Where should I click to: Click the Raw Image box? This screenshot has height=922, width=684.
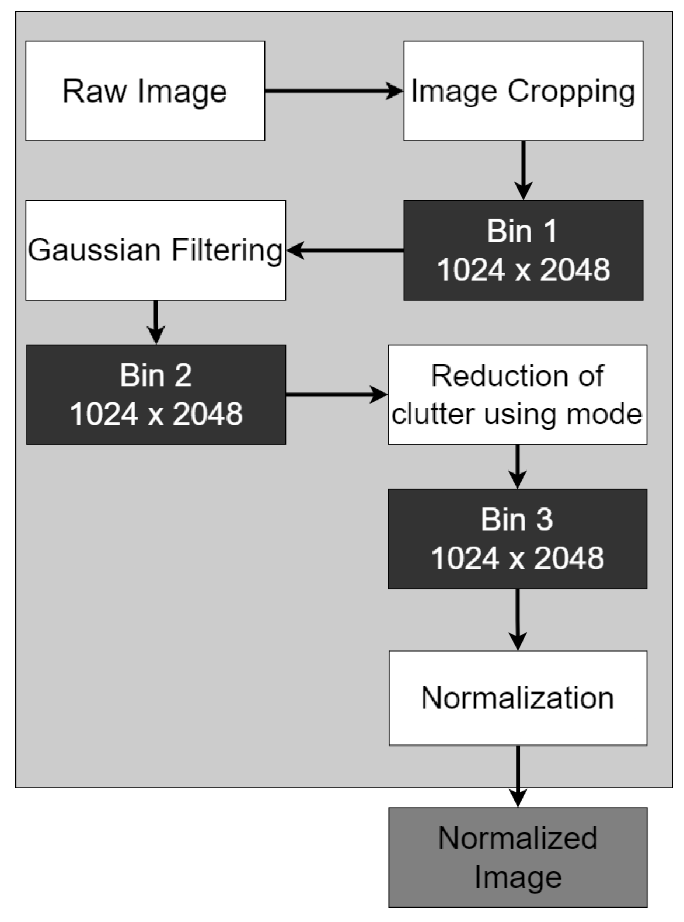click(x=145, y=91)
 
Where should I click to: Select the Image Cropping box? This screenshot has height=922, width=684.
click(x=523, y=91)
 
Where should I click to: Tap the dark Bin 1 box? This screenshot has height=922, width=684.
click(x=523, y=250)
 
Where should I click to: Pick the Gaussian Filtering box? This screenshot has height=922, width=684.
click(x=155, y=250)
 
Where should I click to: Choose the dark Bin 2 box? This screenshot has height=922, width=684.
click(x=156, y=394)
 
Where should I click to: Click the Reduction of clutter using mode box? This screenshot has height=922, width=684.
click(x=517, y=394)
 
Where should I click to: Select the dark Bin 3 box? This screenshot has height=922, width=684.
click(x=517, y=538)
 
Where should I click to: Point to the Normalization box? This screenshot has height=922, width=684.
click(x=518, y=698)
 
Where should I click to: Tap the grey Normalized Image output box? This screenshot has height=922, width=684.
click(x=518, y=857)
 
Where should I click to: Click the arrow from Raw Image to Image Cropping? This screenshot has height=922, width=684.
click(x=334, y=91)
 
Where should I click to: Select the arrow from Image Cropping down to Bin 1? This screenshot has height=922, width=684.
click(x=523, y=170)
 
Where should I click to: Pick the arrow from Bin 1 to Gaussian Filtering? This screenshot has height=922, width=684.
click(x=345, y=250)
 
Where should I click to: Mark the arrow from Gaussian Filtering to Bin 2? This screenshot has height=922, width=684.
click(x=155, y=322)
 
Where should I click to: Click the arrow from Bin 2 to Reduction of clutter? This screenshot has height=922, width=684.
click(x=337, y=394)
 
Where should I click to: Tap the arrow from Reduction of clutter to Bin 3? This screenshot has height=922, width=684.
click(x=517, y=466)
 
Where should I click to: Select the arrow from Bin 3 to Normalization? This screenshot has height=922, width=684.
click(x=517, y=619)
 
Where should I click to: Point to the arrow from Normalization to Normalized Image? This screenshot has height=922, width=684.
click(x=518, y=776)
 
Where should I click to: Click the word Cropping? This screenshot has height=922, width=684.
click(x=571, y=92)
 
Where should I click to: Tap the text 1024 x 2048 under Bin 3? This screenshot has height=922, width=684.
click(x=517, y=558)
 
